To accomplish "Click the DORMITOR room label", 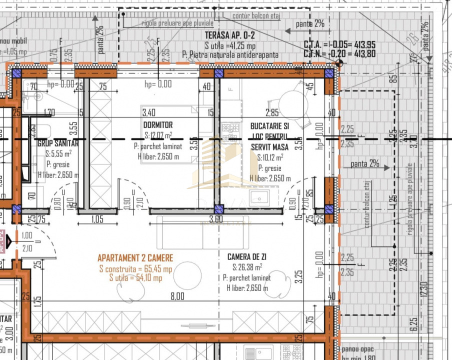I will pos(157,124).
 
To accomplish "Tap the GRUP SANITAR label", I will pos(58,143).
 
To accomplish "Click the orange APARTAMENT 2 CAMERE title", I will pos(135,258).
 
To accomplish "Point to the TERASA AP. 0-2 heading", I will pos(230,34).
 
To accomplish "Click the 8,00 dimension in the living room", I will pos(177,296).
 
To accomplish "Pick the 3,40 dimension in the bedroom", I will pos(149,112).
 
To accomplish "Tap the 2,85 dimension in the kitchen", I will pos(272,112).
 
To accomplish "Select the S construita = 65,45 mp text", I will pos(135,269).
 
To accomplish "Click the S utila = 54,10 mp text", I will pos(135,278).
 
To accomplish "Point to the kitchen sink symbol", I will pos(259,196).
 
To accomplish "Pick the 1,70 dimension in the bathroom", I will pos(49,112).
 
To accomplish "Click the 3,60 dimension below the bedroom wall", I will pos(215,219).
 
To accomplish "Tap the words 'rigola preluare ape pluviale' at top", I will pos(177,23).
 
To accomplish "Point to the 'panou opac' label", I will pos(358,348).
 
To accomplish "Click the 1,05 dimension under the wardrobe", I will pos(97,219).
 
